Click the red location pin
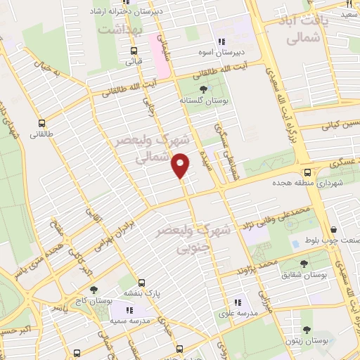click(x=181, y=166)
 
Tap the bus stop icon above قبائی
click(x=134, y=50)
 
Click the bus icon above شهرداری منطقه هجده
click(x=307, y=172)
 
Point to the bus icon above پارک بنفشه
click(x=141, y=281)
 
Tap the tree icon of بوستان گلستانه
click(x=204, y=89)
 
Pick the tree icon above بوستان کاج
click(x=94, y=289)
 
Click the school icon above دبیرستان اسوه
click(x=222, y=41)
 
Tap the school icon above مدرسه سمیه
click(x=129, y=310)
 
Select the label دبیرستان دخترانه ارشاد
click(x=129, y=12)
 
